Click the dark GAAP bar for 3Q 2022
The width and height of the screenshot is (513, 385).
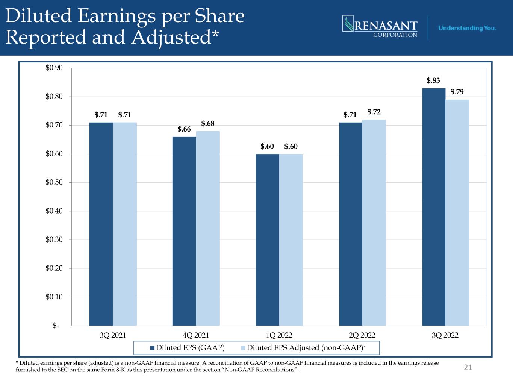434,207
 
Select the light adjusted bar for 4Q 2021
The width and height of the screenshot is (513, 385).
208,228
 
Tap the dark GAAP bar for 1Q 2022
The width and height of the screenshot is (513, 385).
267,240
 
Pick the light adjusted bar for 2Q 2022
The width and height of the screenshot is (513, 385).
374,223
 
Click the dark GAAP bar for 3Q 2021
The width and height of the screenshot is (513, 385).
101,224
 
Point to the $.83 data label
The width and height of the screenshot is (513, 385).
433,80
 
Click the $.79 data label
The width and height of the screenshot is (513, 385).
457,92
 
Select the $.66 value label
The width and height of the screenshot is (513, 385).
184,129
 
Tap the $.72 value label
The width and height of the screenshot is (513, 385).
374,112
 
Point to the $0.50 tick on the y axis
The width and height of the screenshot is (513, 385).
54,182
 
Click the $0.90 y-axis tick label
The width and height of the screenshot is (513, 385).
54,68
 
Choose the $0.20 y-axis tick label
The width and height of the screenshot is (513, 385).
54,268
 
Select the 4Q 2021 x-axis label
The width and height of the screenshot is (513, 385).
196,335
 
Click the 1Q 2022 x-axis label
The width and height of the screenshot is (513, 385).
279,335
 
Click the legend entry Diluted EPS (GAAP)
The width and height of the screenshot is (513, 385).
187,348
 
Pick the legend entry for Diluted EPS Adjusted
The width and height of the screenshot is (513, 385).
303,348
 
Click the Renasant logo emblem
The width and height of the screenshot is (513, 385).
348,23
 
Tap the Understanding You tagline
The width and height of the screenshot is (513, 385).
467,28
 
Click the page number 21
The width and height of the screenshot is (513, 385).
468,367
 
